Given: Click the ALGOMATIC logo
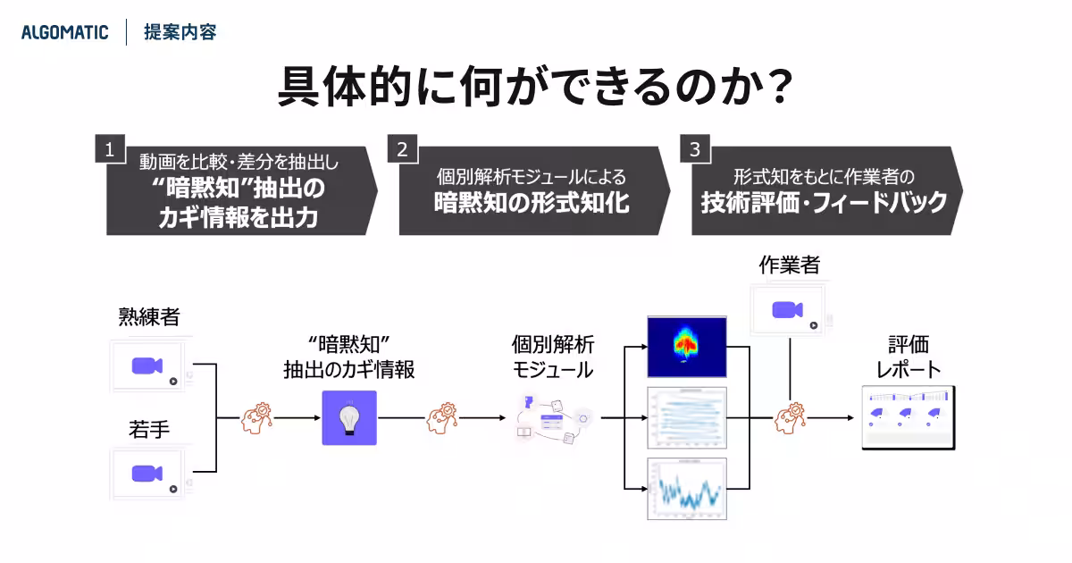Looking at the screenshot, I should [64, 33].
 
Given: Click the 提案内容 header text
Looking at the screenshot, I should [180, 33].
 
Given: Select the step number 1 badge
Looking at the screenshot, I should [109, 149].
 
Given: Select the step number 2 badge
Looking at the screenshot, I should [402, 149].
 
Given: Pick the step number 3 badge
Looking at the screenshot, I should [695, 149].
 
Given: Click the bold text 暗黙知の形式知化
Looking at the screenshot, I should [532, 202].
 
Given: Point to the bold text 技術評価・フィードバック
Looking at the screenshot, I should [823, 202].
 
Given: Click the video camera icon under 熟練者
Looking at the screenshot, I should [147, 366].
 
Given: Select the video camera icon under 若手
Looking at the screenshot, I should [147, 474].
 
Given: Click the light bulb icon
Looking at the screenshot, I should [349, 417].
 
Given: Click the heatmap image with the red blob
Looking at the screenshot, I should [686, 346].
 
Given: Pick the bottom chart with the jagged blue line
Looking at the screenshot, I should [686, 489].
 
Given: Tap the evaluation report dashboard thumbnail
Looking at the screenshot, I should [908, 417].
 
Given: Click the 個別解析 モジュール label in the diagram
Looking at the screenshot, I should [552, 357].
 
